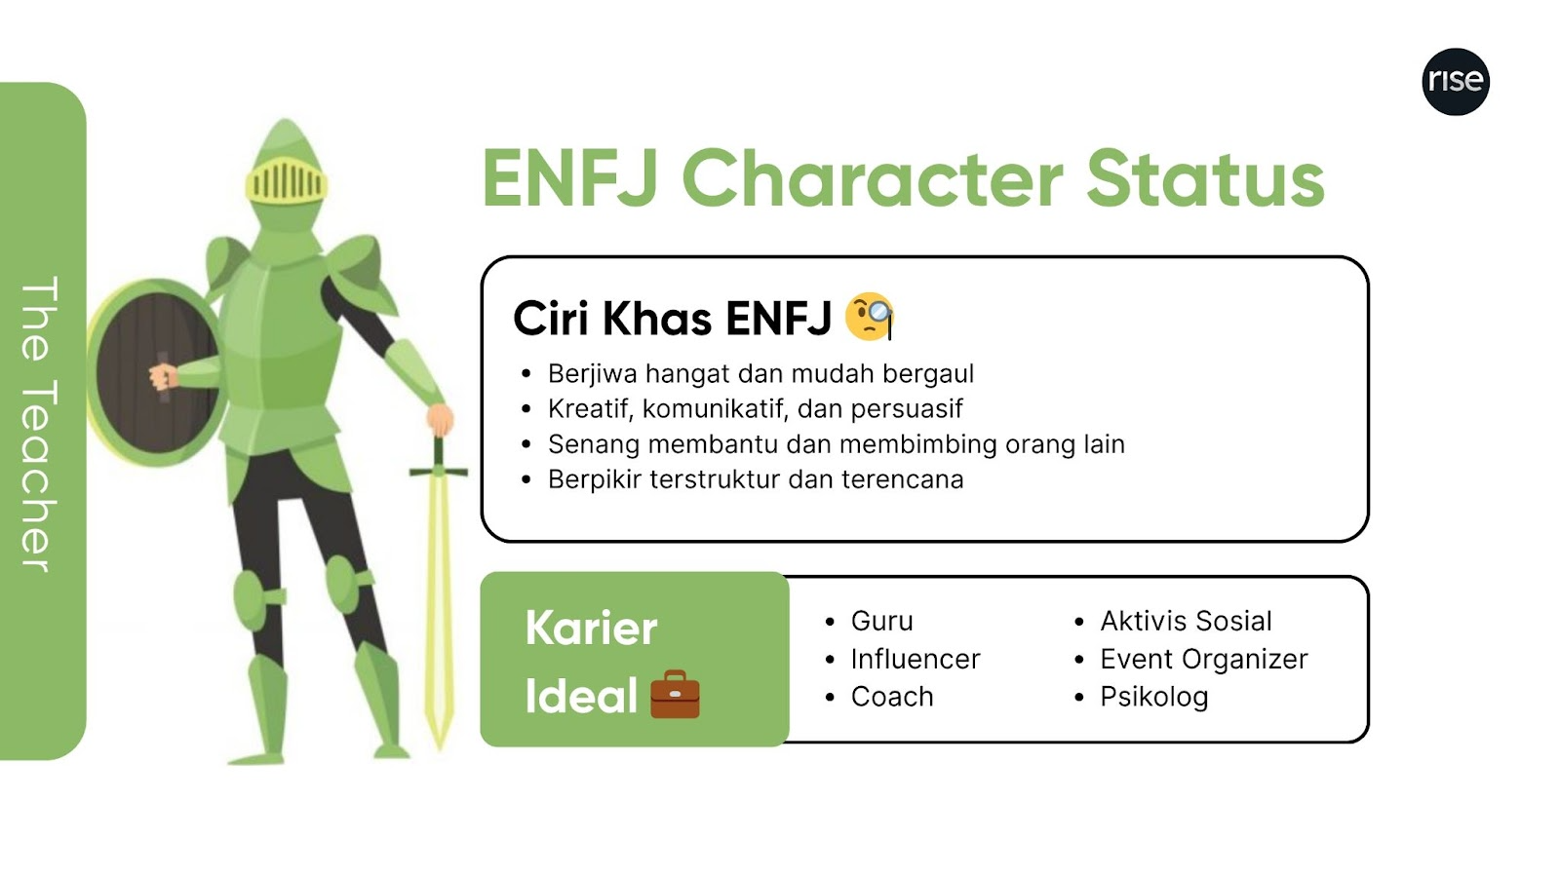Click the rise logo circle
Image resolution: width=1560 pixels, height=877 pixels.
1456,82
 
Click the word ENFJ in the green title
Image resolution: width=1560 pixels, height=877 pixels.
570,179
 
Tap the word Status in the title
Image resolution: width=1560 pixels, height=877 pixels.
1205,179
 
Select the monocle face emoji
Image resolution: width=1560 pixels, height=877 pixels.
869,317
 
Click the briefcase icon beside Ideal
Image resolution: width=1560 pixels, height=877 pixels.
675,694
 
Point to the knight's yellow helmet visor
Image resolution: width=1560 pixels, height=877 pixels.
287,179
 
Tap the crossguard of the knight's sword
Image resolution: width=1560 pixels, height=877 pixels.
438,472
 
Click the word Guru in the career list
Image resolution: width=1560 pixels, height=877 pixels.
881,621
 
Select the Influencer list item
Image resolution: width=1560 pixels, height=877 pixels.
916,659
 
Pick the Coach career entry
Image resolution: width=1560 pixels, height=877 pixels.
892,697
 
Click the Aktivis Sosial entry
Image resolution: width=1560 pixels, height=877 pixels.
1186,621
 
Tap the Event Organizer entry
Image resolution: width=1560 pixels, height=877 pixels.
1204,659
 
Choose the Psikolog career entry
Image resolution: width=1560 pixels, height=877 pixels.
1154,697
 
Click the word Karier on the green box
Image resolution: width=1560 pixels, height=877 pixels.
591,628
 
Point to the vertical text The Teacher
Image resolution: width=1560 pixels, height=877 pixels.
39,424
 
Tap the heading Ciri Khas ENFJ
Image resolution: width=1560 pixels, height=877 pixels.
672,319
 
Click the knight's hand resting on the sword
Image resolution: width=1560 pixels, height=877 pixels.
440,420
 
